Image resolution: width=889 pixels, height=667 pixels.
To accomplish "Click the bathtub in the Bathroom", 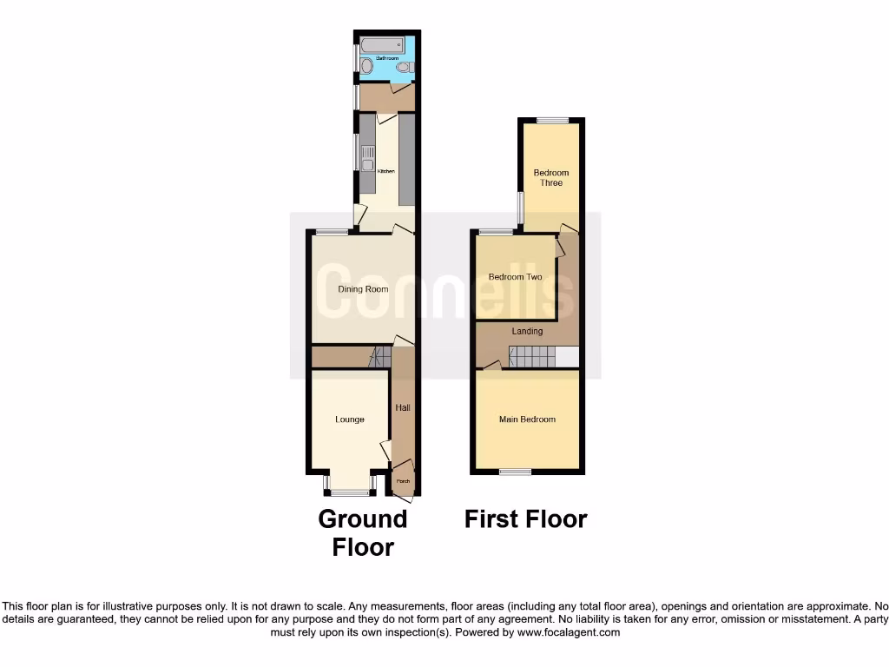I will (383, 44).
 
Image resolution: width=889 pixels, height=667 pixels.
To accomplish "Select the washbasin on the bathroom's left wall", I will (366, 66).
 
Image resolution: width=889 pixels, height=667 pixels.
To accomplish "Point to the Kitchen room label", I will (385, 171).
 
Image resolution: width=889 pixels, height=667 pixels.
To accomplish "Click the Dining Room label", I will (364, 289).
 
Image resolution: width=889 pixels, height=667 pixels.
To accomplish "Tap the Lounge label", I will (350, 419).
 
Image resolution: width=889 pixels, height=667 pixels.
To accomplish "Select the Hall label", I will (403, 407).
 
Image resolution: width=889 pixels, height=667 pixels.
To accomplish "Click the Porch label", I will (403, 480).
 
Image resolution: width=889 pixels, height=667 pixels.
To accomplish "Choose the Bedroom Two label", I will (515, 277).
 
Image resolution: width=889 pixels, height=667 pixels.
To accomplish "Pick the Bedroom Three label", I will (551, 178).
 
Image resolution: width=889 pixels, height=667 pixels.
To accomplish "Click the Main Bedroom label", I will (527, 419).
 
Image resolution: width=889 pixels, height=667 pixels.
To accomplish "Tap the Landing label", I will (527, 331).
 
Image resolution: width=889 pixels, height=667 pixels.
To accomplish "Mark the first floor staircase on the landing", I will (531, 356).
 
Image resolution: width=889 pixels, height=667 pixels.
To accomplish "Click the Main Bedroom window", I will (515, 472).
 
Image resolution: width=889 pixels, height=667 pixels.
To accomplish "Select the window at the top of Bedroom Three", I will (551, 120).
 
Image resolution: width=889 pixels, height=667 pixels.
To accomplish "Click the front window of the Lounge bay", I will (349, 493).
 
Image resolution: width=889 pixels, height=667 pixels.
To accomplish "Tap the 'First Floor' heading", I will (525, 519).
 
